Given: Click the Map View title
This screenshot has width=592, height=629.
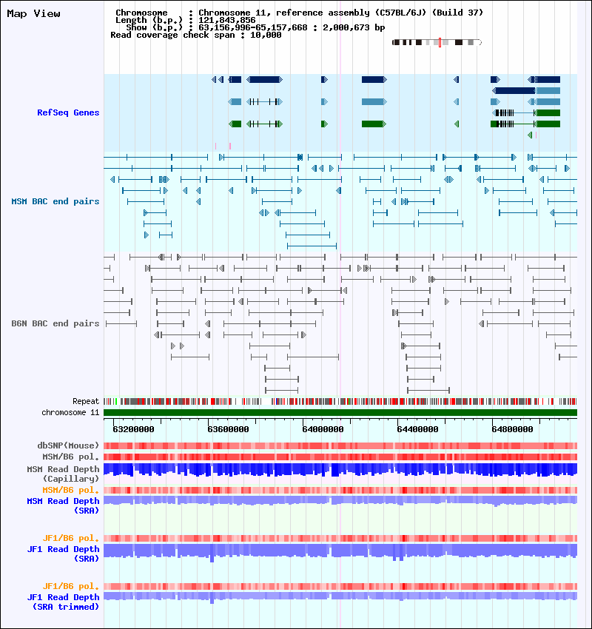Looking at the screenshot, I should click(33, 14).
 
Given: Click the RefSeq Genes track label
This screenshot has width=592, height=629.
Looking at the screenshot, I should click(68, 112).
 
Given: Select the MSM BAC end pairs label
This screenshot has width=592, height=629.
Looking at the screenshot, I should click(55, 201).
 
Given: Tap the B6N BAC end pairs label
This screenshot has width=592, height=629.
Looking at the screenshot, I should click(55, 323).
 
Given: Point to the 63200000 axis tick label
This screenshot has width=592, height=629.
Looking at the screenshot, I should click(134, 428).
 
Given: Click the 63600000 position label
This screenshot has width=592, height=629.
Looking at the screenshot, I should click(229, 428).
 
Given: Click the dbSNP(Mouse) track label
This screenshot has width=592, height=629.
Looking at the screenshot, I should click(68, 445).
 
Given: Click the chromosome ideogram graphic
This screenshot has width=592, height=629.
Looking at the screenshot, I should click(437, 43).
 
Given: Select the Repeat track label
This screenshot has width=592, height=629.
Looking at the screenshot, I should click(86, 401).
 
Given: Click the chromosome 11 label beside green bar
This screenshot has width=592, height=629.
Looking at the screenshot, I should click(70, 412).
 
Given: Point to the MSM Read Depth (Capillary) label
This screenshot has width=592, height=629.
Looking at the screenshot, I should click(63, 474).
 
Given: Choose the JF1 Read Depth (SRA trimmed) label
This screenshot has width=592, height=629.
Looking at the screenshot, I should click(63, 602).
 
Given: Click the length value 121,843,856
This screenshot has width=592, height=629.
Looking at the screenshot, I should click(226, 20).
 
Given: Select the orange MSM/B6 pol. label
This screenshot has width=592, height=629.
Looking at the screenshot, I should click(71, 490).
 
